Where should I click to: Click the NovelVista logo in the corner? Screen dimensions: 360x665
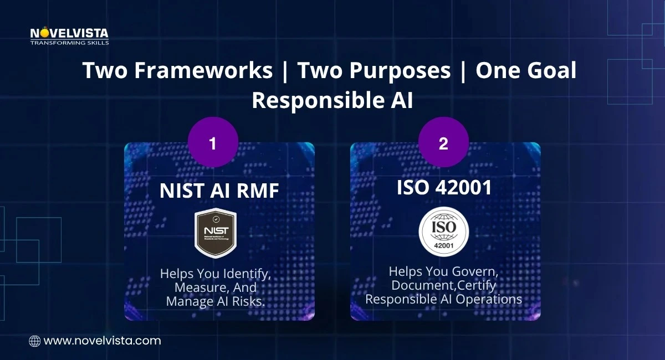point(69,34)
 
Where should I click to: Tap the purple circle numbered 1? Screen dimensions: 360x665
point(213,143)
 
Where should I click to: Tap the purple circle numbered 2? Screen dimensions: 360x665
point(443,143)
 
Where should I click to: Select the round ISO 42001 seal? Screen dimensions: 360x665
point(443,232)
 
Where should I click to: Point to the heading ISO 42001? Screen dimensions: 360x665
point(444,188)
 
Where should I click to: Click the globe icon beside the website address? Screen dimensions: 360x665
point(34,341)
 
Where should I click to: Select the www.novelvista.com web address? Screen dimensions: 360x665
point(102,341)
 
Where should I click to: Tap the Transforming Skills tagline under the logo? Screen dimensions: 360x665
point(69,43)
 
